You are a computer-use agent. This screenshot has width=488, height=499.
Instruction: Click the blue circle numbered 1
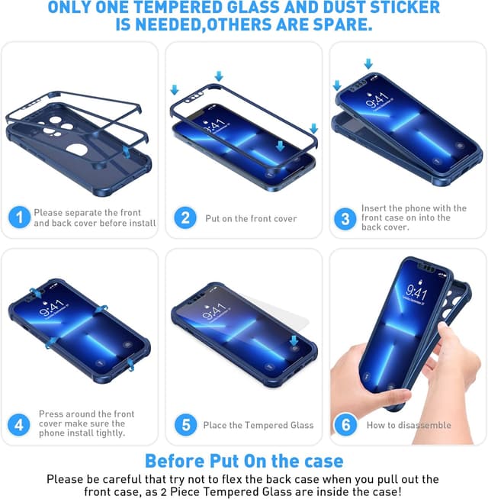[x=19, y=217]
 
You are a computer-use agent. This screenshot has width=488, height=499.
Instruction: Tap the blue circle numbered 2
[x=185, y=217]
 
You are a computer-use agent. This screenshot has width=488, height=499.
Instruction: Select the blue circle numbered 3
[x=345, y=219]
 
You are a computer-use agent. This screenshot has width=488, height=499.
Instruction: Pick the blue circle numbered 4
[x=19, y=424]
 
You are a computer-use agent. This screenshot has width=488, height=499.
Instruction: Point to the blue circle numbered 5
[x=186, y=424]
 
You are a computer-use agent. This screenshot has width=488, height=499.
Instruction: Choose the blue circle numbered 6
[x=346, y=424]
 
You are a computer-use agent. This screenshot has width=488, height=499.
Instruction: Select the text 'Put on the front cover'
[x=251, y=219]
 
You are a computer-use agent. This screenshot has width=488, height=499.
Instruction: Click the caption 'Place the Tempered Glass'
[x=258, y=425]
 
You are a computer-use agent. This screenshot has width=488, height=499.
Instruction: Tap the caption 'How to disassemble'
[x=409, y=425]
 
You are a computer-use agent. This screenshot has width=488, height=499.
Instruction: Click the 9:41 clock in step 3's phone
[x=377, y=100]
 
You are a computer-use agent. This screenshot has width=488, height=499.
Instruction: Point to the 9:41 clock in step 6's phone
[x=416, y=292]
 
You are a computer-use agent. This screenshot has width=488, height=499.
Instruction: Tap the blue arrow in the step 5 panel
[x=294, y=341]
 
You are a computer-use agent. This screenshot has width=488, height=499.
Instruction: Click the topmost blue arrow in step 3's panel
[x=368, y=63]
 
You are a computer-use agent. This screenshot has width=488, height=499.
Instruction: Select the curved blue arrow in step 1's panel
[x=126, y=152]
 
